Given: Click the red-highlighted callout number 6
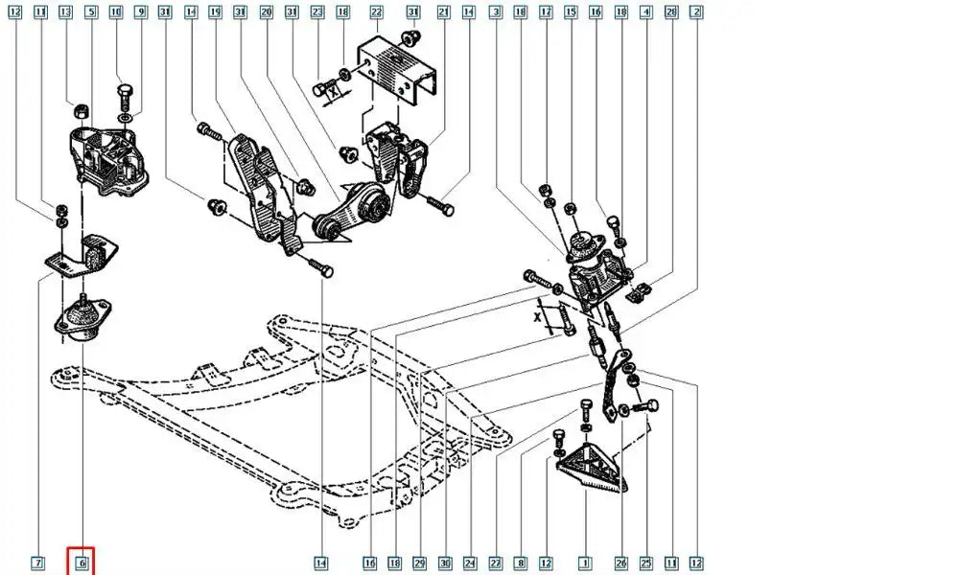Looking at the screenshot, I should tap(82, 563).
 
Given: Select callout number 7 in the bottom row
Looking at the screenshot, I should tap(37, 563).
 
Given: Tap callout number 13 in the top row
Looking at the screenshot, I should tap(65, 12).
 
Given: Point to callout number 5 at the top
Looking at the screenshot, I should tap(90, 12).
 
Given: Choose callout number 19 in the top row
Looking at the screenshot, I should tap(215, 12).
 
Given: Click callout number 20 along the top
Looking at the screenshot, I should tap(266, 12).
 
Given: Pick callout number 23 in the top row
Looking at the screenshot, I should tap(317, 12).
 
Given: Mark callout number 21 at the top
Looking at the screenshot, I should tap(443, 12).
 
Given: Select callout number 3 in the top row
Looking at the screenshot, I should tap(495, 12).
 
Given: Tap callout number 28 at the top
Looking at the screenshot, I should tap(671, 12).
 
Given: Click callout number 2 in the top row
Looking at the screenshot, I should tap(696, 12).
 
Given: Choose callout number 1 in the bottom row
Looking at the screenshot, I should tap(583, 563).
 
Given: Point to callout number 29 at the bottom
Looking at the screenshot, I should tap(419, 563).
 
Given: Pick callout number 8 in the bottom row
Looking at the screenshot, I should tap(521, 563).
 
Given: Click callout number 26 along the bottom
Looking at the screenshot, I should tap(620, 563).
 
